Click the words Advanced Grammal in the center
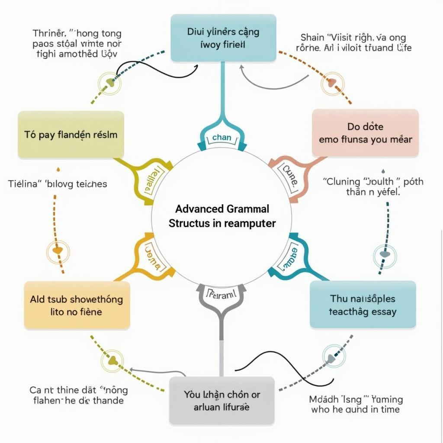pos(222,209)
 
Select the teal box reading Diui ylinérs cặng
pos(223,38)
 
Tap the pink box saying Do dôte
pos(365,133)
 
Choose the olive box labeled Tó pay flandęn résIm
pos(71,135)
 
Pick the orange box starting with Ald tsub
pos(77,305)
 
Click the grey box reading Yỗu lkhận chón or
pos(221,401)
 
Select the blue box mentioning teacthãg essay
pos(363,304)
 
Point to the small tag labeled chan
pos(222,138)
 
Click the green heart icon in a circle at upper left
pos(110,82)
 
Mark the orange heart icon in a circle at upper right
pos(332,82)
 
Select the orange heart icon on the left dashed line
pos(58,250)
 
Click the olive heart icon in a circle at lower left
pos(112,360)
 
